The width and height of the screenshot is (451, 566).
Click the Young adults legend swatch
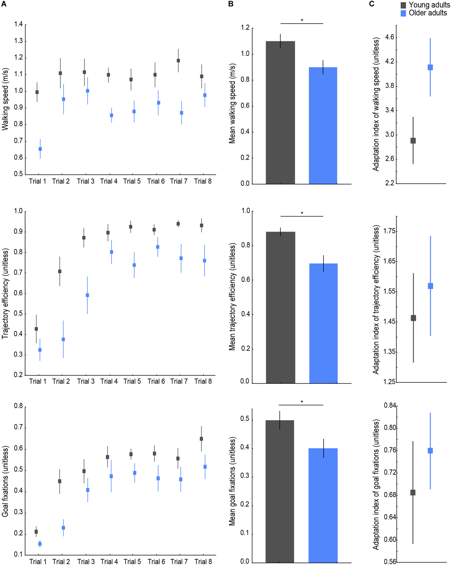pos(403,5)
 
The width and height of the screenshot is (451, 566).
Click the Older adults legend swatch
pos(403,13)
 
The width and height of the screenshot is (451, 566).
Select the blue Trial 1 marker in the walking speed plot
pos(40,149)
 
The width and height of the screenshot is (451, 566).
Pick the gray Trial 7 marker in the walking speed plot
pos(178,61)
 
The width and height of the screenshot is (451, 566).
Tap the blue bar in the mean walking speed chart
pos(323,126)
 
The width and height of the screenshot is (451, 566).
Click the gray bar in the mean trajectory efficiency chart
pos(280,307)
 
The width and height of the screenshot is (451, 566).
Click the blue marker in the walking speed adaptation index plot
pos(430,67)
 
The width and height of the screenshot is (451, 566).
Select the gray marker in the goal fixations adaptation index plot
pos(413,492)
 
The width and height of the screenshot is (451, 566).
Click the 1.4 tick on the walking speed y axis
pos(18,24)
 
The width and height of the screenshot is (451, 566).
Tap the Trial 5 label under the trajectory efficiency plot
pos(132,381)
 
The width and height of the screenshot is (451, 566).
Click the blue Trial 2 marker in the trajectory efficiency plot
pos(63,339)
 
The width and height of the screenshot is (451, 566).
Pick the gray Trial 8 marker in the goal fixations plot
pos(201,439)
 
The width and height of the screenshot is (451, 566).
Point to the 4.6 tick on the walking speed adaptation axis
pos(390,37)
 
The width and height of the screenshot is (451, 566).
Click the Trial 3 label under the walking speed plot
pos(86,181)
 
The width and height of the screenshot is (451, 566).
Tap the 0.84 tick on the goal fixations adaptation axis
pos(390,406)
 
